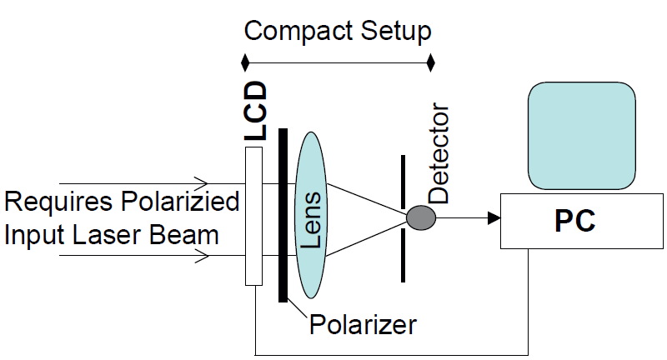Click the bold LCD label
coord(256,110)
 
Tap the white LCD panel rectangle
coord(254,217)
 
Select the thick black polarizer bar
coord(283,217)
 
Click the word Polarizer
coord(362,323)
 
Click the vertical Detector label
coord(439,155)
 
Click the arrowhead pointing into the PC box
coord(494,218)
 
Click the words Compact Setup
coord(338,32)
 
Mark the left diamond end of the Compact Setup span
coord(244,62)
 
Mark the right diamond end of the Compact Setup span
coord(431,62)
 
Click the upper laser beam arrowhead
coord(201,182)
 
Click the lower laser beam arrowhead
coord(201,257)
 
